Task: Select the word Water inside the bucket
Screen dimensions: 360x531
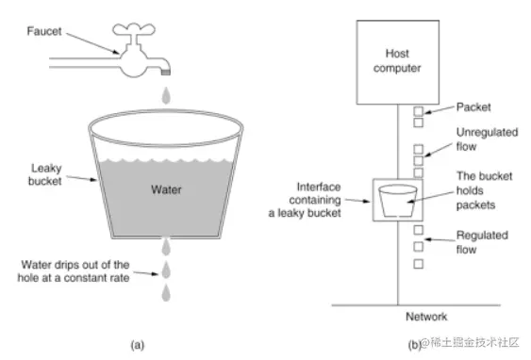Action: [168, 188]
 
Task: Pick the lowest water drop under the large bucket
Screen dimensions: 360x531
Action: [166, 293]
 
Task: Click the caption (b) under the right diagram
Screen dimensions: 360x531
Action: [413, 345]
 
